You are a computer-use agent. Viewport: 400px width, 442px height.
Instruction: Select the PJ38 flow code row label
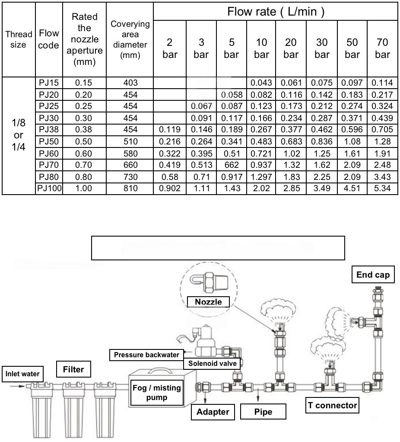49,129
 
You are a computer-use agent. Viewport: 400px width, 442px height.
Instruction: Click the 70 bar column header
383,48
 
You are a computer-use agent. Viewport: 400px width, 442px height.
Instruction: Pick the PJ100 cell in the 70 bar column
383,189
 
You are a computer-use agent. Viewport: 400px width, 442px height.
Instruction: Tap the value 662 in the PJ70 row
232,165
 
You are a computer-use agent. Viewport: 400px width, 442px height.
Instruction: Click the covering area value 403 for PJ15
130,82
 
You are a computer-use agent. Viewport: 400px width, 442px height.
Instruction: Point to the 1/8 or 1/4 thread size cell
19,135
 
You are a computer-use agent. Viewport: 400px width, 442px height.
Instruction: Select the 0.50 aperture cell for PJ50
84,141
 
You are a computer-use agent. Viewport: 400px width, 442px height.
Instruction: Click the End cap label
373,275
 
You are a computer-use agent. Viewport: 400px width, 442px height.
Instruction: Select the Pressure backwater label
146,355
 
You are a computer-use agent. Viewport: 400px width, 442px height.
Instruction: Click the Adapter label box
213,412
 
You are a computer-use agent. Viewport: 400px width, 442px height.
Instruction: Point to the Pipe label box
263,412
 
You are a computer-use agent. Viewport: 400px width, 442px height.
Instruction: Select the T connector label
333,405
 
